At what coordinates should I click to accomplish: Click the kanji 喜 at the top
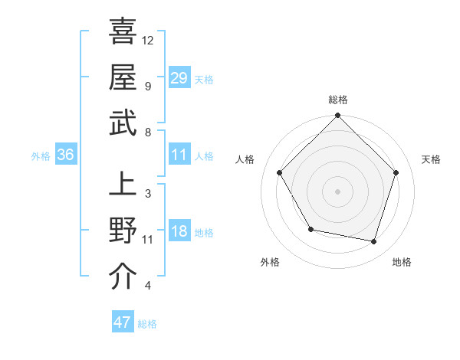(123, 33)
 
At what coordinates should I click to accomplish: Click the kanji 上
(123, 185)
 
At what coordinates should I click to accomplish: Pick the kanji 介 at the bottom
(123, 276)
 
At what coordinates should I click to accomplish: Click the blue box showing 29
(179, 77)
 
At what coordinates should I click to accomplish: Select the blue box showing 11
(179, 155)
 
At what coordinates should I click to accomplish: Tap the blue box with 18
(179, 231)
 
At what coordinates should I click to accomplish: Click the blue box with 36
(66, 155)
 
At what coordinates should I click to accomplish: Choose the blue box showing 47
(123, 322)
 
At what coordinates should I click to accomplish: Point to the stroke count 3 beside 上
(147, 193)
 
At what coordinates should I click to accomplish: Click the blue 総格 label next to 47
(147, 324)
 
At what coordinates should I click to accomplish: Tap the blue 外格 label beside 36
(41, 156)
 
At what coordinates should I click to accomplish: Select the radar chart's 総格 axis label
(338, 100)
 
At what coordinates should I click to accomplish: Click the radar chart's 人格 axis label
(246, 159)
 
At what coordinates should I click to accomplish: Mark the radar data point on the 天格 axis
(396, 172)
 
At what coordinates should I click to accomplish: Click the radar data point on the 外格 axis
(310, 229)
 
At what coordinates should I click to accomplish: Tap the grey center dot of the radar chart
(338, 191)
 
